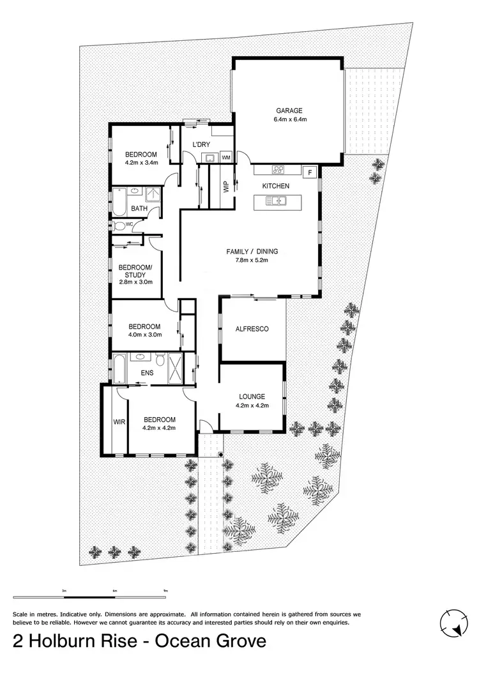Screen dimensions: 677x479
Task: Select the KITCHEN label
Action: click(276, 186)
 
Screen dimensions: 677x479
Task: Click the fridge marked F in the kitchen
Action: click(310, 172)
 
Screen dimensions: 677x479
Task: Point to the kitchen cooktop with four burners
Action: click(278, 170)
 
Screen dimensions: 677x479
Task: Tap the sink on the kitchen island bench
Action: click(277, 202)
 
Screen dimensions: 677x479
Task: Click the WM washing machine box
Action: click(225, 157)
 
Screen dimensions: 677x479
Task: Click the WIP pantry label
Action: click(225, 188)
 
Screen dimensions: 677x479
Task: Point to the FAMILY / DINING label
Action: click(252, 251)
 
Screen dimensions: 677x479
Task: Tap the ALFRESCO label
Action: click(252, 329)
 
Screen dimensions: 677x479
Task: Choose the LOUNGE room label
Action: click(252, 396)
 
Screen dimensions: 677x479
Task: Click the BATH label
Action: click(139, 209)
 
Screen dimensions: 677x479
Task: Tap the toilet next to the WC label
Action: click(119, 225)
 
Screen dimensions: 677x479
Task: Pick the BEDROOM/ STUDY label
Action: click(135, 271)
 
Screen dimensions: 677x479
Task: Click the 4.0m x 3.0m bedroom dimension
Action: click(145, 333)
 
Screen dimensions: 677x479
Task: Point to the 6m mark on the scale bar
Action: click(115, 590)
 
